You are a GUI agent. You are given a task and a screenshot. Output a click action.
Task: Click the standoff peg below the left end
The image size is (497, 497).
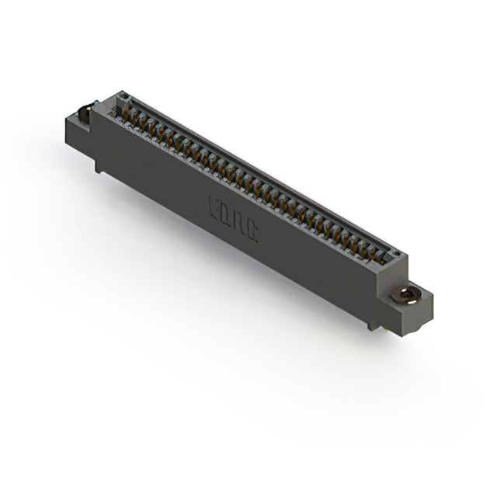(99, 165)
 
